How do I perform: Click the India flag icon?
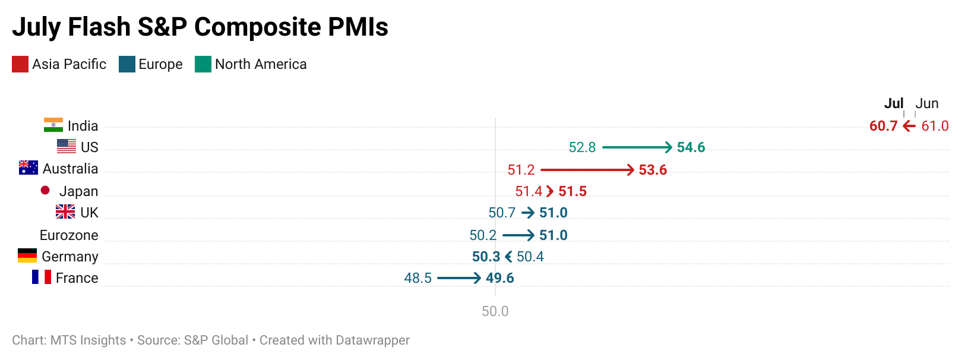click(53, 125)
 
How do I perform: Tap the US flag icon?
click(67, 146)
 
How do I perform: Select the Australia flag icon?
click(29, 168)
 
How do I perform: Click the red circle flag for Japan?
click(45, 190)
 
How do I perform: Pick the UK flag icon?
click(65, 211)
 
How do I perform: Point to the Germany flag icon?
click(27, 255)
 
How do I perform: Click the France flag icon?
click(42, 277)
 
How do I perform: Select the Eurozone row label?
click(69, 235)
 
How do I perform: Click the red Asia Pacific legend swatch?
click(20, 64)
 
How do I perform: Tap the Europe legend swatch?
click(127, 64)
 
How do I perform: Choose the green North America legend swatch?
click(203, 64)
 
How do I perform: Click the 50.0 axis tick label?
click(495, 311)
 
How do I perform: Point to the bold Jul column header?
click(894, 103)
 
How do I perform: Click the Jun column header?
click(927, 103)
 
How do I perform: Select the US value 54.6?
click(691, 147)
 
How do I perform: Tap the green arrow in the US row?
click(637, 147)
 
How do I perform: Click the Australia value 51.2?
click(521, 170)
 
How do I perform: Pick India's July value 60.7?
click(884, 126)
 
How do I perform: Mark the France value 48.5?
click(418, 278)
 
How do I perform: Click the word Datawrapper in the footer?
click(372, 340)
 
